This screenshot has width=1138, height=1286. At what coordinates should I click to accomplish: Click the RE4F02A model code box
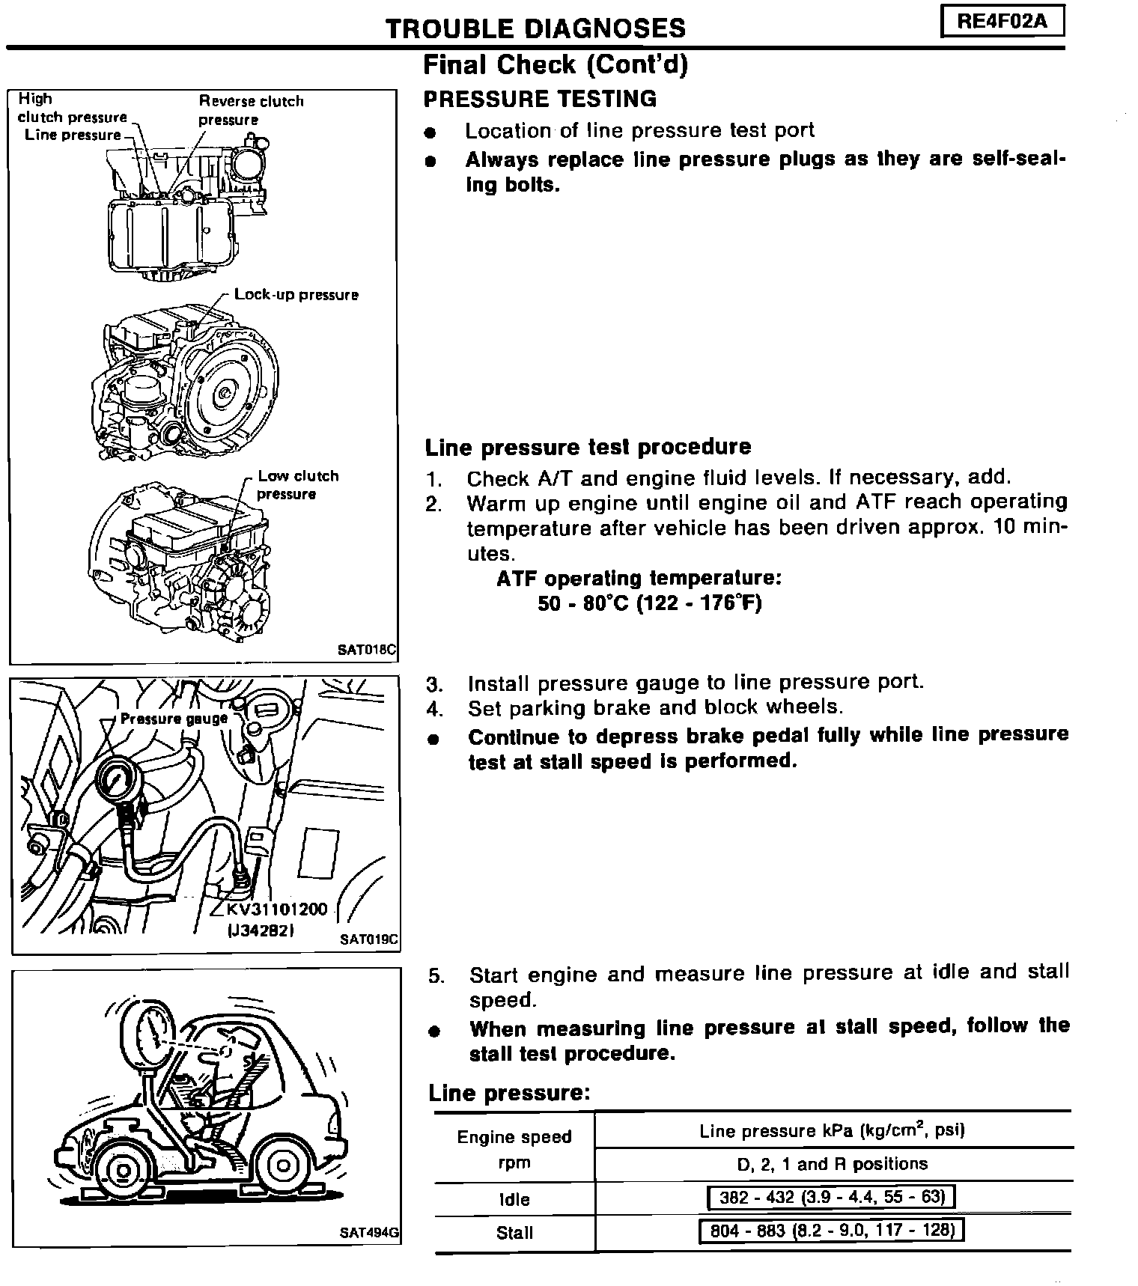tap(1002, 21)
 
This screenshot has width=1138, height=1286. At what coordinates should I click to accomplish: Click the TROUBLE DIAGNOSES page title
tap(535, 28)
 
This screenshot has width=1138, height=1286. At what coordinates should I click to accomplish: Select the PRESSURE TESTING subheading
tap(540, 99)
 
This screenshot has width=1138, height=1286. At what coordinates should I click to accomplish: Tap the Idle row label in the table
tap(514, 1199)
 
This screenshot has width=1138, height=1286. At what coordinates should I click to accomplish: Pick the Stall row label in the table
tap(514, 1233)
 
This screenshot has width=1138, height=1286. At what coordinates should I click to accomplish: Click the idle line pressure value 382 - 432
tap(832, 1198)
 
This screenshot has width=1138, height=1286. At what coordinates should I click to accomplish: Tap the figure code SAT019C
tap(368, 939)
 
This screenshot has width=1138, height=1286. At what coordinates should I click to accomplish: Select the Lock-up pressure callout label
tap(296, 295)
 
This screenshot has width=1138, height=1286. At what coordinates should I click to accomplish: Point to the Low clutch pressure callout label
tap(297, 485)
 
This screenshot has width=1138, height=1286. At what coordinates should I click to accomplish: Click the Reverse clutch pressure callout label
tap(251, 110)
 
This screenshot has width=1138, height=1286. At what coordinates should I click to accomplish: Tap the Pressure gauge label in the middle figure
tap(174, 719)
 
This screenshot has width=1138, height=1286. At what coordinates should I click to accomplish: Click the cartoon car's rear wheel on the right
tap(282, 1166)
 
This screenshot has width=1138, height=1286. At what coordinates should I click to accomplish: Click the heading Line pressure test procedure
tap(588, 448)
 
